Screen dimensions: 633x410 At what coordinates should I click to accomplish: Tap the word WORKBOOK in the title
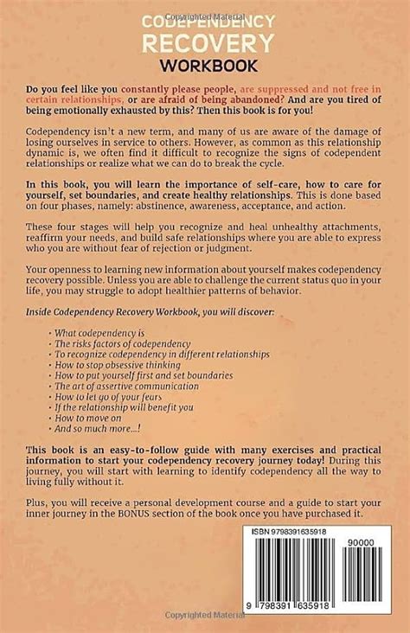(204, 64)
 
